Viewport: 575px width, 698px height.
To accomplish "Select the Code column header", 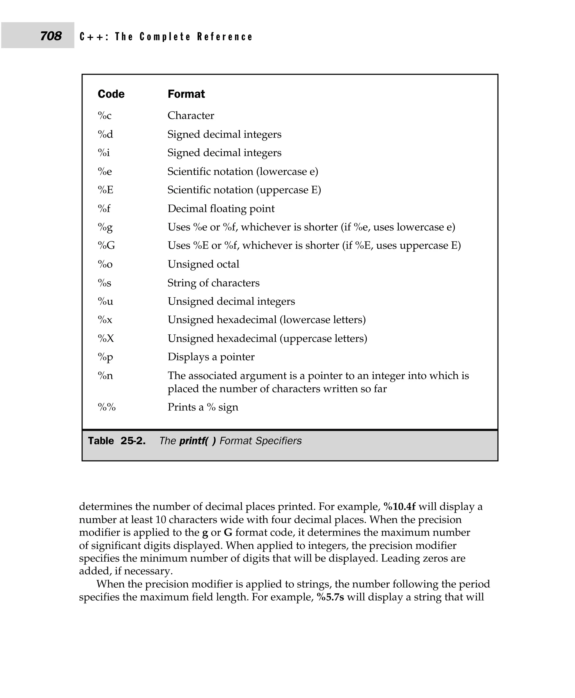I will [111, 94].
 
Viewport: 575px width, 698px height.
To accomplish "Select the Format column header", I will [186, 94].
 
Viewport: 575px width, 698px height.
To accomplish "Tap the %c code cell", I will [104, 116].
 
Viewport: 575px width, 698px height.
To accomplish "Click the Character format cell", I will [191, 116].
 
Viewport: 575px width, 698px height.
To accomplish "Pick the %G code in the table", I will [106, 245].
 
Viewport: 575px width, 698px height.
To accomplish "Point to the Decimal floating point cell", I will [221, 209].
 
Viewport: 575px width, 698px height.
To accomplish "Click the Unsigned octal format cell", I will [203, 264].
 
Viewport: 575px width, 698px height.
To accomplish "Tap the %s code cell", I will [104, 283].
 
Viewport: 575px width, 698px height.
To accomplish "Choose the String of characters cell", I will [213, 283].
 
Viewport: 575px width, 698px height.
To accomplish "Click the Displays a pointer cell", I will [211, 357].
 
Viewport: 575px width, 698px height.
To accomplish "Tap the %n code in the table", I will [105, 376].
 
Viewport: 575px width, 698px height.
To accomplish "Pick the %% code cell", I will [107, 407].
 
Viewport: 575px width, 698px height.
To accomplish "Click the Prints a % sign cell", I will [203, 407].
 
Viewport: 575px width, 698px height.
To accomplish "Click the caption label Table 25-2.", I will [117, 441].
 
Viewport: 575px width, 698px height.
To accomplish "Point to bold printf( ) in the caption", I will [197, 441].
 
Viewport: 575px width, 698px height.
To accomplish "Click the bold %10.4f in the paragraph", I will [399, 507].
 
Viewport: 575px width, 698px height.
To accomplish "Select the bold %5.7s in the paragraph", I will [330, 597].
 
